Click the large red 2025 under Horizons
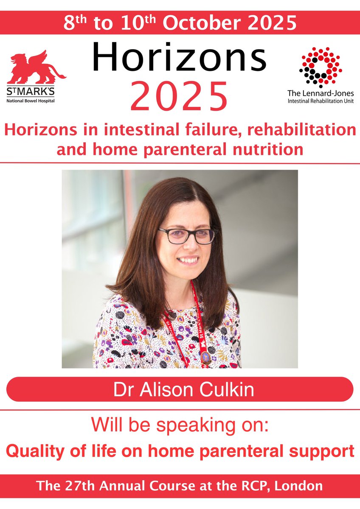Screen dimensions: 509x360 click(180, 96)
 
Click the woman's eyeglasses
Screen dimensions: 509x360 click(186, 236)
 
